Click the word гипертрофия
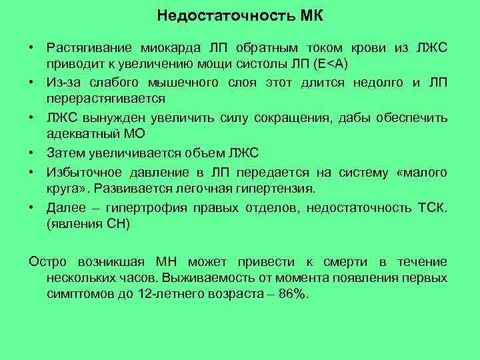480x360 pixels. pos(149,207)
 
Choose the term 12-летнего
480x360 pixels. pos(168,295)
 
